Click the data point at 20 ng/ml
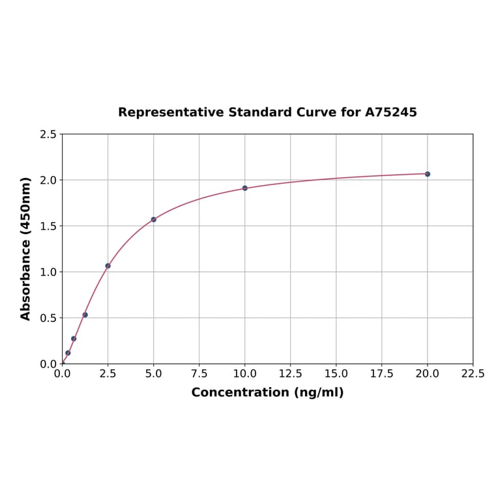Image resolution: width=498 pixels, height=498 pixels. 428,174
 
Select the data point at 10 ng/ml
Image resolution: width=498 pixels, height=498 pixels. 245,188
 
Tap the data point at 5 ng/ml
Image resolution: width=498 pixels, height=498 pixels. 154,220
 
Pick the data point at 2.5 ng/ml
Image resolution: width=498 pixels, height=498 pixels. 108,266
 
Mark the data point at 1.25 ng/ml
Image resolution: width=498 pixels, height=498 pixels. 85,315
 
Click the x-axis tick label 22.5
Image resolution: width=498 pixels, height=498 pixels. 473,374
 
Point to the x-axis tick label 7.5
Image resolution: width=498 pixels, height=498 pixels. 199,374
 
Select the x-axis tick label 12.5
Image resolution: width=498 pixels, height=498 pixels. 291,374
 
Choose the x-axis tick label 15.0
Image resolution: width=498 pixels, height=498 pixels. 336,374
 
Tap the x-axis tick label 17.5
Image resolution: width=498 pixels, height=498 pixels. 382,374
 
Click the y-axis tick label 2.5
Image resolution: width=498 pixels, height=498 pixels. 48,134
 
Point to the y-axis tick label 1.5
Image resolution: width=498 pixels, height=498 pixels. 48,226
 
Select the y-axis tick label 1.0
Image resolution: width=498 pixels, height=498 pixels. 48,272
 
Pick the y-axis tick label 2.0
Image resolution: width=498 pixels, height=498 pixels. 48,180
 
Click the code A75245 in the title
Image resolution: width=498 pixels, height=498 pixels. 390,113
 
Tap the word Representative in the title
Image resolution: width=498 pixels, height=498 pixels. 171,113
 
